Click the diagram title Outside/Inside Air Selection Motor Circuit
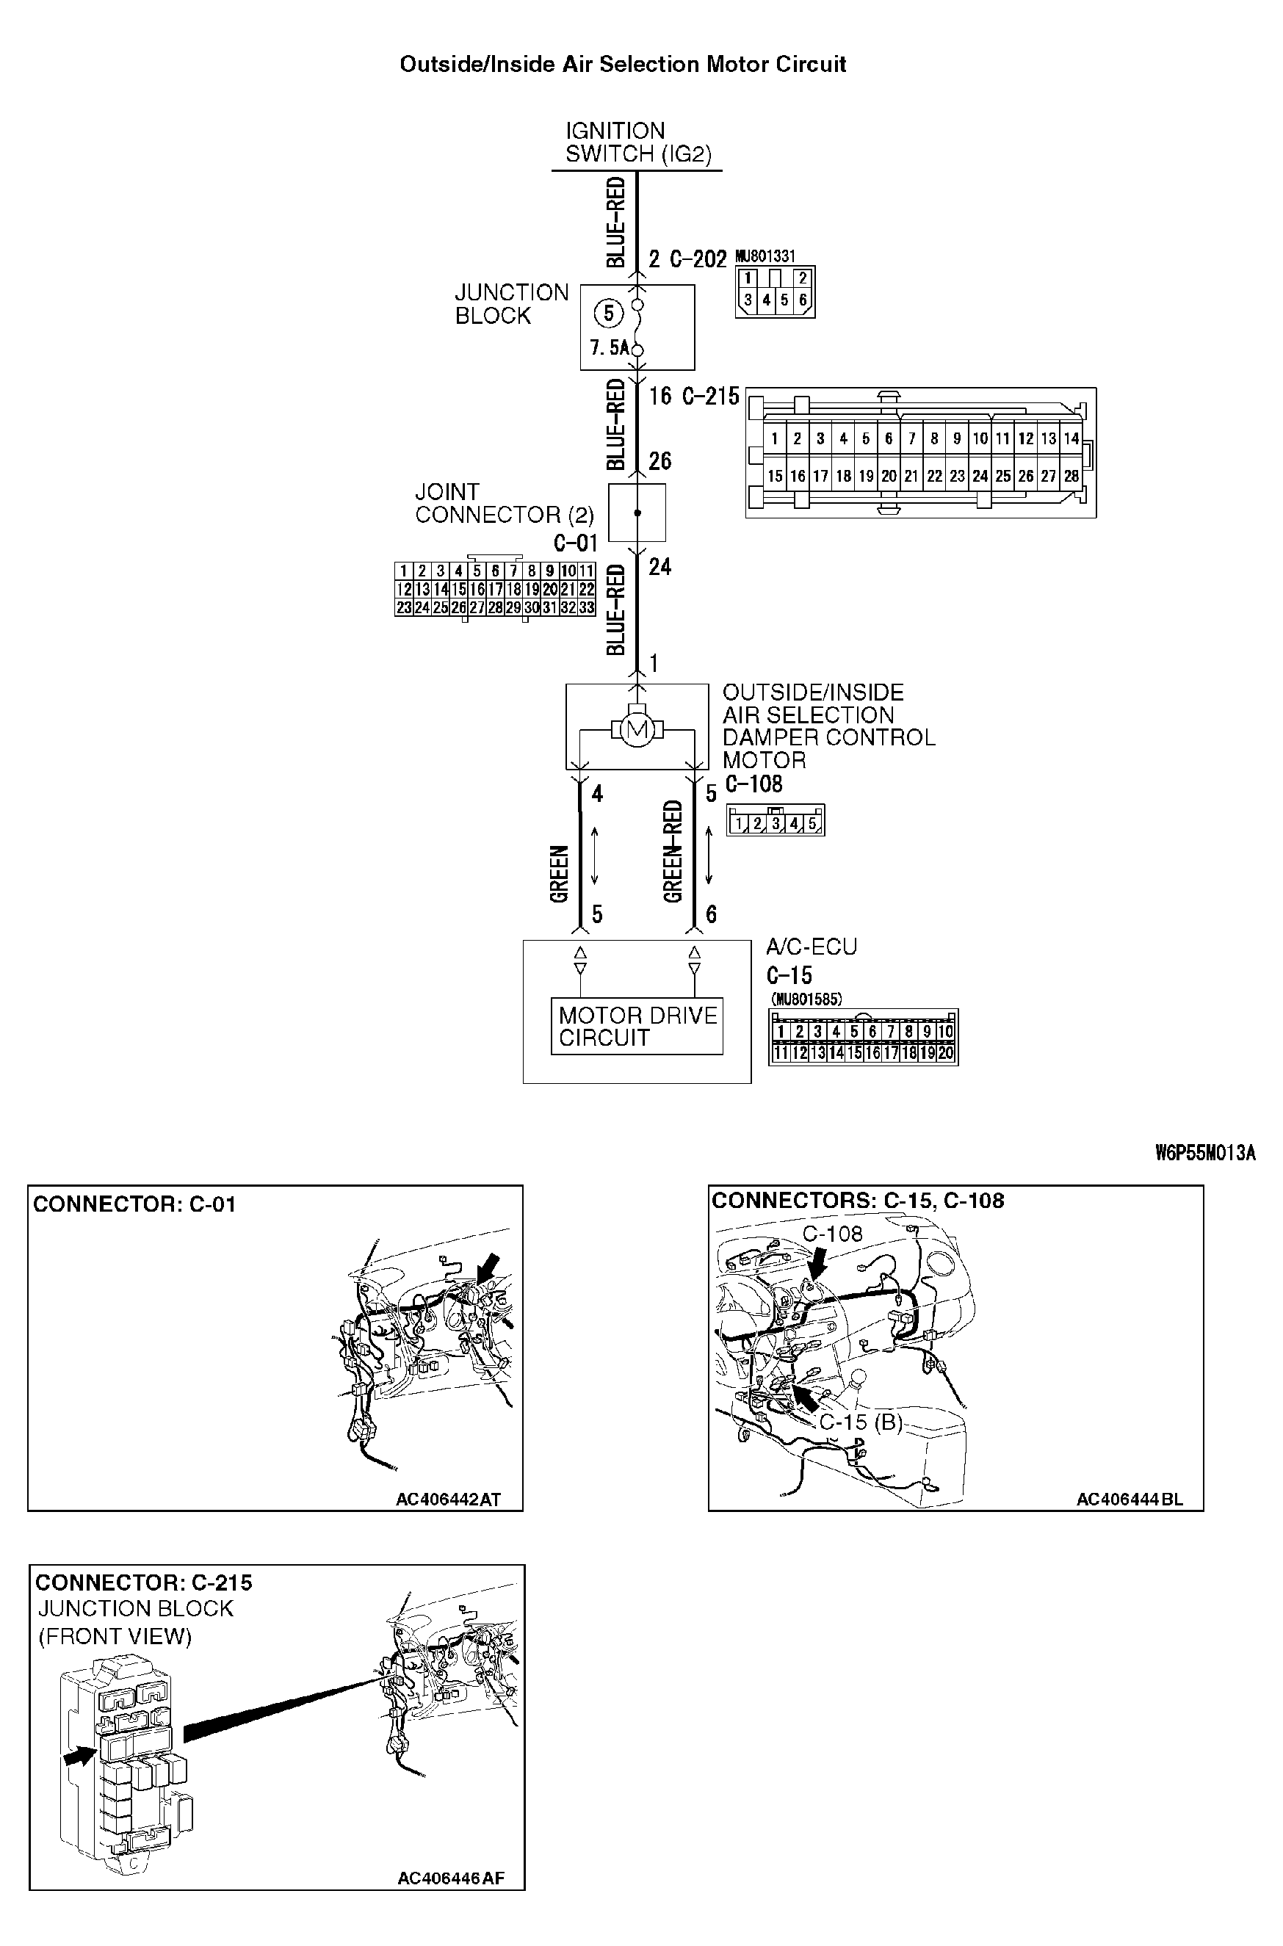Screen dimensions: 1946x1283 click(x=622, y=65)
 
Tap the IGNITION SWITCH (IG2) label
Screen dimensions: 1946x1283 click(x=637, y=142)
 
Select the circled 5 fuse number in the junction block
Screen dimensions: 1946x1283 click(x=608, y=314)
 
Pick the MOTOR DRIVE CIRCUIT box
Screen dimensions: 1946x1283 click(x=637, y=1027)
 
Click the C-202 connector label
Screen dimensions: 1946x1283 click(x=697, y=259)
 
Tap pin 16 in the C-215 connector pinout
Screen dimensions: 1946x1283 click(x=798, y=476)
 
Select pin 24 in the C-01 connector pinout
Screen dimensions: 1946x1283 click(x=422, y=608)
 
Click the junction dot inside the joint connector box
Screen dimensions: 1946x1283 click(x=637, y=513)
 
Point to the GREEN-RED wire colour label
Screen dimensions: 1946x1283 click(x=673, y=852)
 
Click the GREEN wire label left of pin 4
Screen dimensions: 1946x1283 click(x=559, y=874)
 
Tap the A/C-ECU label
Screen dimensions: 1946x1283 click(x=811, y=947)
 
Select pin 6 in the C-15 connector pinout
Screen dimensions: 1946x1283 click(x=872, y=1032)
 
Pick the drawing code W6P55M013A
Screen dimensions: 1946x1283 click(x=1204, y=1154)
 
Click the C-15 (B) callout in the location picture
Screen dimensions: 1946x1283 click(x=860, y=1422)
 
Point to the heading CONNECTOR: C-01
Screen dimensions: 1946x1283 click(x=134, y=1204)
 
